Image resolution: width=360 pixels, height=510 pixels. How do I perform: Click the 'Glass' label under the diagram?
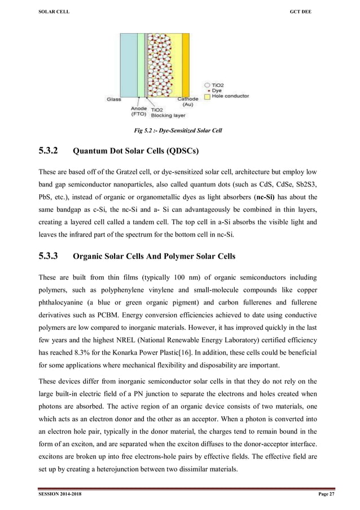113,99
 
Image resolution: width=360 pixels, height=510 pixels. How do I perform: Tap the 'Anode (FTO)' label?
139,112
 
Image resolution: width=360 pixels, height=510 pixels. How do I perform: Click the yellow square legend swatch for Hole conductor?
207,96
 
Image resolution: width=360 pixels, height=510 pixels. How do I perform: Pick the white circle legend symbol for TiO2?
207,84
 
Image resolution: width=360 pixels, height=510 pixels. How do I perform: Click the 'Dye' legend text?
218,90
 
